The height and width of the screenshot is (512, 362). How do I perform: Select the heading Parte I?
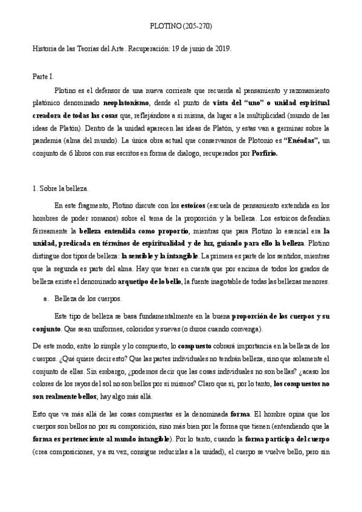43,77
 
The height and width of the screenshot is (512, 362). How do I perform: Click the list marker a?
47,299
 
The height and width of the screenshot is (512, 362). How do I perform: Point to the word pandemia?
48,141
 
